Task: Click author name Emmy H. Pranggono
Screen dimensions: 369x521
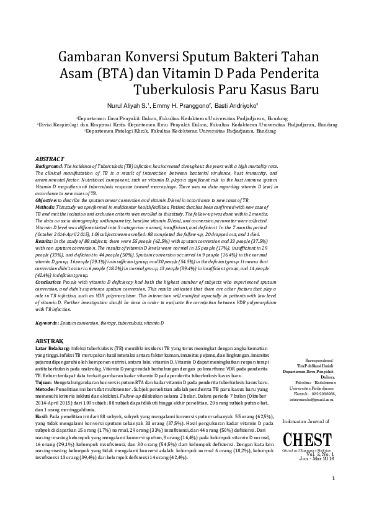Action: (185, 105)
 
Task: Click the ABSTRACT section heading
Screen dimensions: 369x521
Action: (51, 159)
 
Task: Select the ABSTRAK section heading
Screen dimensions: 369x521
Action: (49, 341)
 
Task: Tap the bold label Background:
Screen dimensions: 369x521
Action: (49, 167)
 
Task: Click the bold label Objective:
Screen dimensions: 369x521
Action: (47, 201)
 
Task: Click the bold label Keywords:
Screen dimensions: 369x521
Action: (47, 323)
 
